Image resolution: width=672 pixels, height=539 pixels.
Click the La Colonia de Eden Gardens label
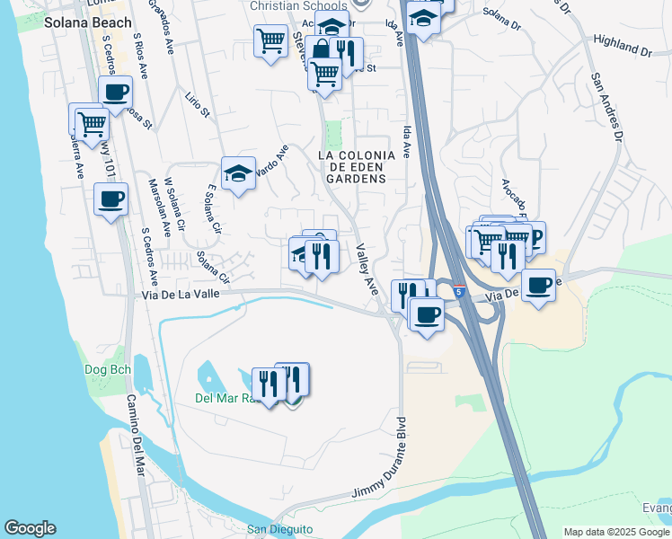356,167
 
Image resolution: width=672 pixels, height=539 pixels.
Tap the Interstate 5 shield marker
458,292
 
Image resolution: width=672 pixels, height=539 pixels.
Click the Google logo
30,528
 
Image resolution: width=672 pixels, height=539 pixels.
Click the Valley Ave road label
367,269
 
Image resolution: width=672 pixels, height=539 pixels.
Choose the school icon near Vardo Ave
239,173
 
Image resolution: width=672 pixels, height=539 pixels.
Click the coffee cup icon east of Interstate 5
538,286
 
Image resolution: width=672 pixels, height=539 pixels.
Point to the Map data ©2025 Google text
617,532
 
